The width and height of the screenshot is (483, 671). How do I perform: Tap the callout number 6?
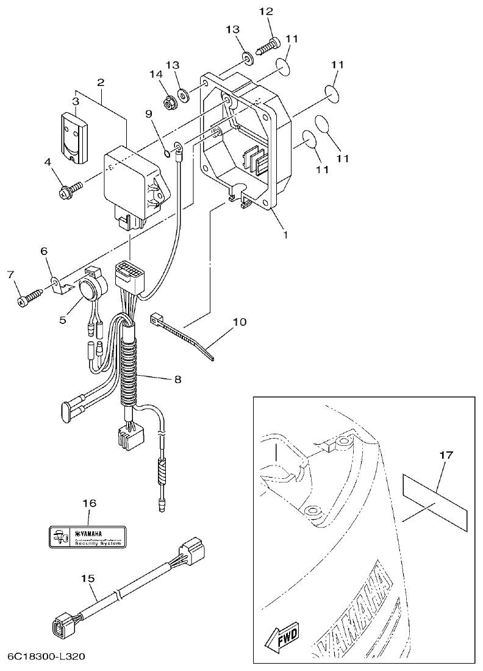pos(43,251)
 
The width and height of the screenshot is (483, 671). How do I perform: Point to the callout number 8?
pos(177,379)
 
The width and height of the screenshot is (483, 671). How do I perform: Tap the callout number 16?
pos(89,503)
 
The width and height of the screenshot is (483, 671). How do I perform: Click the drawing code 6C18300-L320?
pos(46,657)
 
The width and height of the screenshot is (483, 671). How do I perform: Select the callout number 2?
pos(101,82)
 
